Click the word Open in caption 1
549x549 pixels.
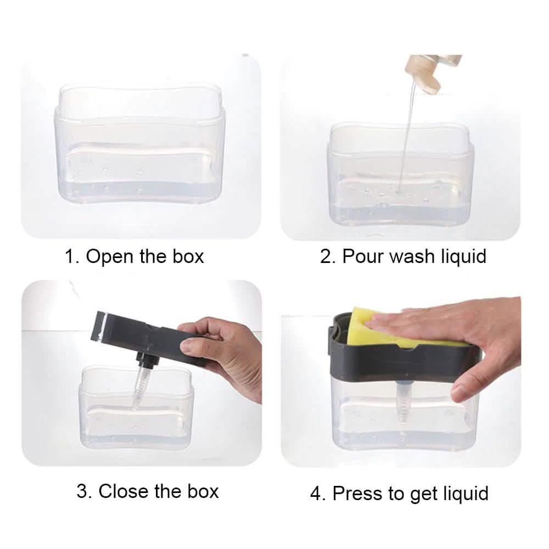pos(110,256)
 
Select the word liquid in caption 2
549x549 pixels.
pos(458,256)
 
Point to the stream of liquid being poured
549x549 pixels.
pos(406,137)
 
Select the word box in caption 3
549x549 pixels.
pos(203,491)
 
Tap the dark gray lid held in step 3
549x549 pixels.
pos(143,335)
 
